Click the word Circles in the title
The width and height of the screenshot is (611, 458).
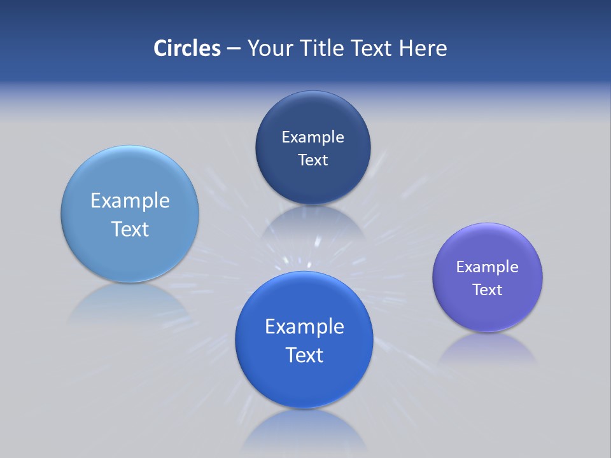pos(186,48)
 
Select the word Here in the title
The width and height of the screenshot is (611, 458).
pos(423,48)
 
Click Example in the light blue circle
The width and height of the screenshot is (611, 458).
pos(130,201)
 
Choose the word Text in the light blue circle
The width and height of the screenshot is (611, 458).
pos(130,229)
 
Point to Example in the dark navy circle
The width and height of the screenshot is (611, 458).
pos(313,137)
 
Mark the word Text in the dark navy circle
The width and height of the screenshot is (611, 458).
pos(313,160)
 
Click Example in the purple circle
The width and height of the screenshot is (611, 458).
pos(488,267)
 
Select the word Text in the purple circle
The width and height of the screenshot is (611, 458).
pos(488,290)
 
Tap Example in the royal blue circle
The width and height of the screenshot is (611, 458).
pos(304,327)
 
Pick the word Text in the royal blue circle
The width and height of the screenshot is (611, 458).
pos(304,355)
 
